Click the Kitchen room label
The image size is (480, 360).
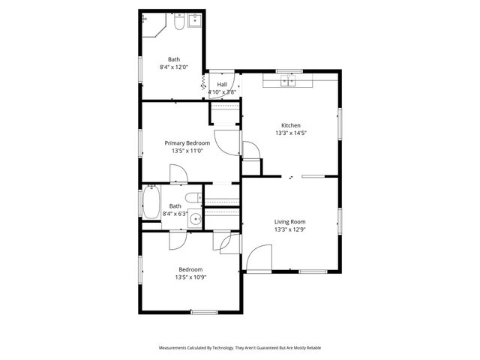(291, 125)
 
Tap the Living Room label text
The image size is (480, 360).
(289, 221)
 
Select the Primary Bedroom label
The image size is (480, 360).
(187, 142)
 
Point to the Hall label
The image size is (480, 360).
(222, 84)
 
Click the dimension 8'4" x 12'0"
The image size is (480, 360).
(174, 67)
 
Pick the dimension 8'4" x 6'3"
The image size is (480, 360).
(175, 214)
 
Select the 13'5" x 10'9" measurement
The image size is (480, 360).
(190, 277)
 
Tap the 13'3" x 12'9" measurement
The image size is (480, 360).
(289, 229)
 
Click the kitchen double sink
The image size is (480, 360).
(289, 81)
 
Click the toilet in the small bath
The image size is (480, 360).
(192, 198)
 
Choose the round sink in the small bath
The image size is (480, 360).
(194, 220)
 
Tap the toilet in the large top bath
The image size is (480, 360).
(178, 24)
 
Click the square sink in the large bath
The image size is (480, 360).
(195, 22)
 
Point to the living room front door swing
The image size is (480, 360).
(258, 259)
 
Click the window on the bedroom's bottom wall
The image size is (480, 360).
(203, 311)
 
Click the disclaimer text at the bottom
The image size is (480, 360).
(239, 348)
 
